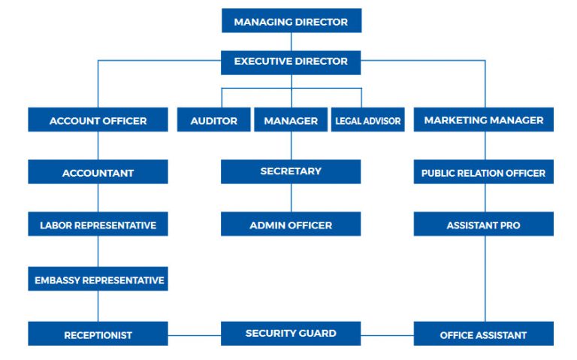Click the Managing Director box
click(292, 20)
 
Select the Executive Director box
click(291, 62)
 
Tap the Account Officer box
click(98, 119)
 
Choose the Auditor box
click(214, 119)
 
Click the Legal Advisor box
click(368, 119)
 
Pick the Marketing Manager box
click(484, 119)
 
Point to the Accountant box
click(98, 171)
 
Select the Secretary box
click(291, 171)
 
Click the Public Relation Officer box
click(484, 171)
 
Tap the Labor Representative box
click(98, 224)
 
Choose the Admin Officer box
click(291, 224)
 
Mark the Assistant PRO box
click(484, 224)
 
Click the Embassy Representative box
click(98, 279)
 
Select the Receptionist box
click(98, 334)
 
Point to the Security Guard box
click(291, 334)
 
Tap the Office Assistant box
click(484, 334)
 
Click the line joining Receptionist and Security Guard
click(195, 335)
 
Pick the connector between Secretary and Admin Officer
click(292, 198)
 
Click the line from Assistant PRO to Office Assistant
click(485, 279)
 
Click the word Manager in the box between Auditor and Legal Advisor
click(291, 121)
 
